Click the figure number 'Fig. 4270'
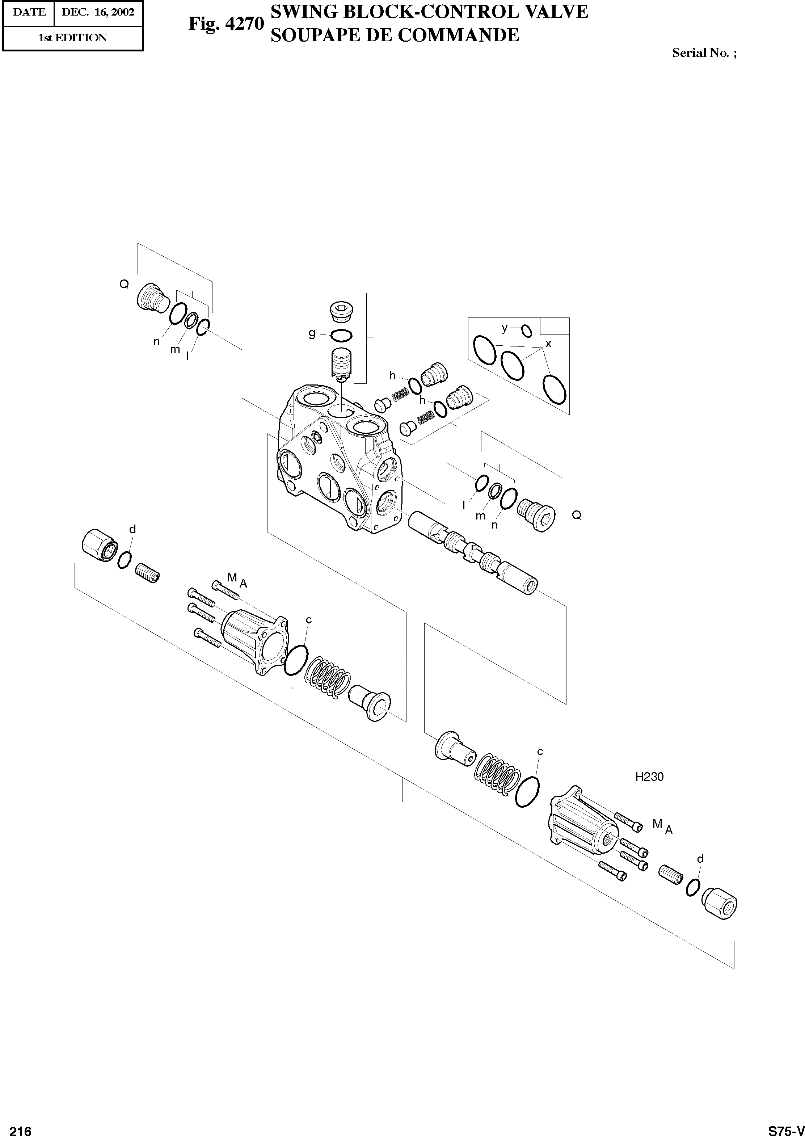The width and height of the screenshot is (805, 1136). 226,24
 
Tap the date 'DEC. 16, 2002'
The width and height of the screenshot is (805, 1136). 98,12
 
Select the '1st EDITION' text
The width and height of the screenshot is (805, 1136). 72,38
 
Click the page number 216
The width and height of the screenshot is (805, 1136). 20,1127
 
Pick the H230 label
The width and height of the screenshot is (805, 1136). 649,777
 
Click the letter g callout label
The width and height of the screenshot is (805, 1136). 312,333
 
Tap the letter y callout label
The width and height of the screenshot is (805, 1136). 505,328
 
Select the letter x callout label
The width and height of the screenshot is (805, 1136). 548,344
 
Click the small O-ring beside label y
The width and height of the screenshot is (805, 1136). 526,331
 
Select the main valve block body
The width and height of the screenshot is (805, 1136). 340,461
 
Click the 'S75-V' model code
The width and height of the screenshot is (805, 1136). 785,1127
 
